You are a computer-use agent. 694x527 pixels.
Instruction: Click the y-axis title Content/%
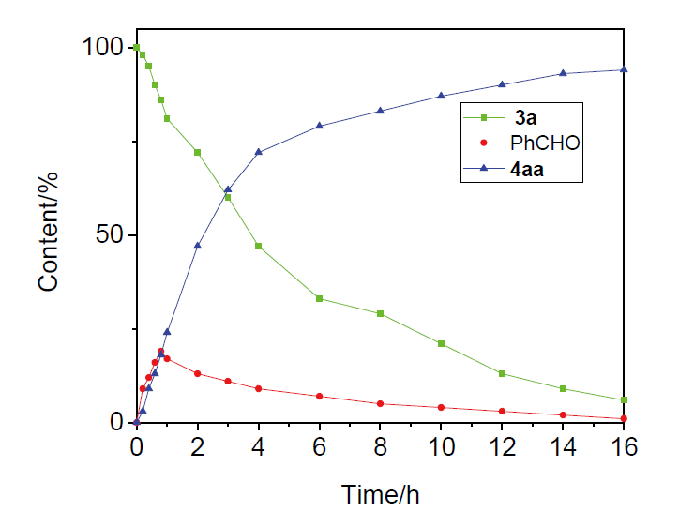pos(50,234)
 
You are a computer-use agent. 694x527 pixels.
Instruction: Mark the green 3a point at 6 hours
pos(320,298)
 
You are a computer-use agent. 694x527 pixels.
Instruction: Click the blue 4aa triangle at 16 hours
pos(624,69)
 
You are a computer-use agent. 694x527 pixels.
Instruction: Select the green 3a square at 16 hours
pos(624,399)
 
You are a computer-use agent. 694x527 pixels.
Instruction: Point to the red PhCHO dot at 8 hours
pos(380,403)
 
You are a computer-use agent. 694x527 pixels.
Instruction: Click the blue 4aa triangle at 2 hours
pos(197,246)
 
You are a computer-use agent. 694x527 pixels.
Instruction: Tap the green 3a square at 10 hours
pos(441,343)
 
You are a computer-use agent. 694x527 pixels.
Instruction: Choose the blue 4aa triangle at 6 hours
pos(320,126)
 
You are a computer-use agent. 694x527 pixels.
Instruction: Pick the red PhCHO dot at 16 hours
pos(624,418)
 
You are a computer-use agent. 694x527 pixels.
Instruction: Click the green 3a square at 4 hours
pos(258,246)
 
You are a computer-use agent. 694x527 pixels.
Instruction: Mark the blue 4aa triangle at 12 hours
pos(502,84)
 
